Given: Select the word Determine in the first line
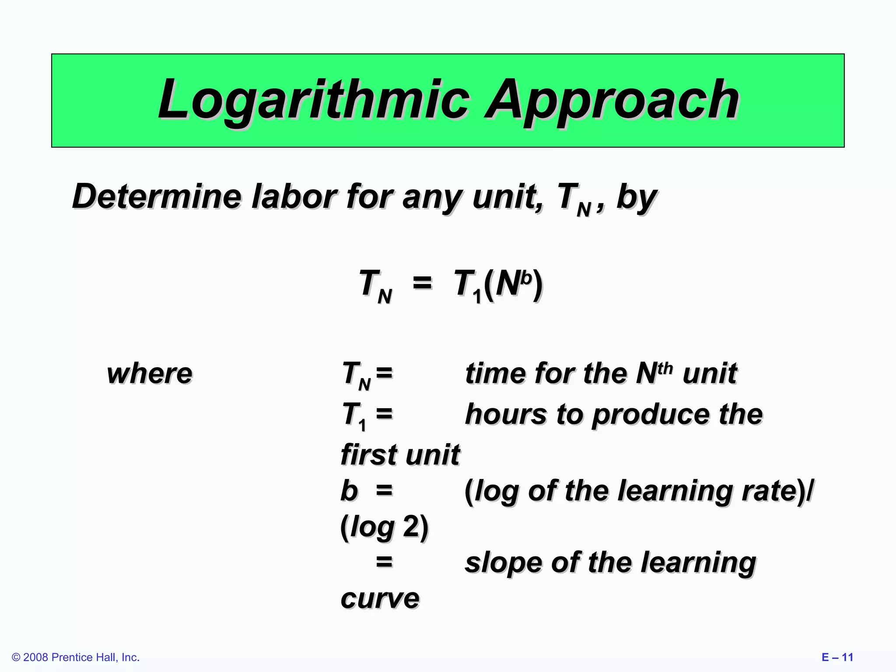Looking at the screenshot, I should point(156,196).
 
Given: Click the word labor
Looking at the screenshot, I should point(294,196).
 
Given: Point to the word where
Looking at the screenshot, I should point(150,374).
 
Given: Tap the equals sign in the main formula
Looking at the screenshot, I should point(422,283).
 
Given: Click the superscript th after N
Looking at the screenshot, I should point(665,368).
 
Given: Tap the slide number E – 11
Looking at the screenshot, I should point(837,657).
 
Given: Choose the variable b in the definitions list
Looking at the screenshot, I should point(349,490).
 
